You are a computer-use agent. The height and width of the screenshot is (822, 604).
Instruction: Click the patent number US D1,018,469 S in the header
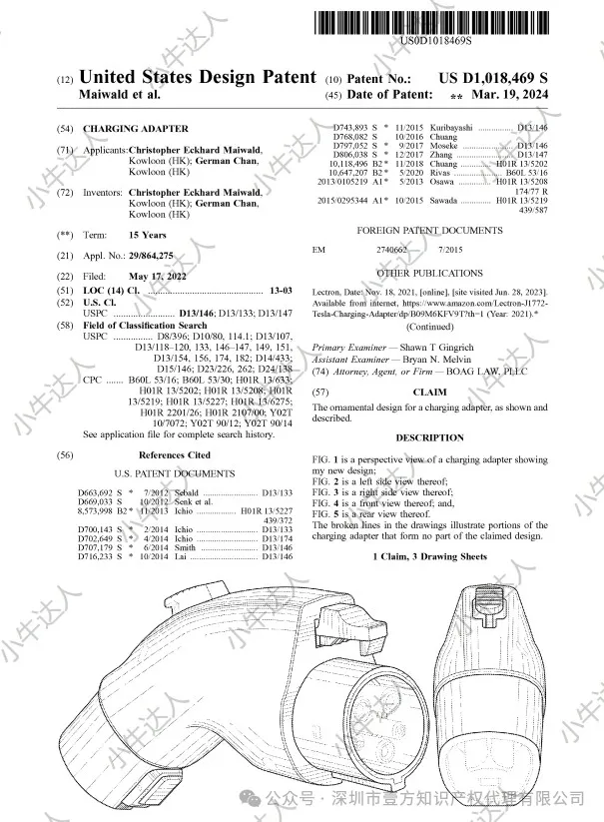[493, 77]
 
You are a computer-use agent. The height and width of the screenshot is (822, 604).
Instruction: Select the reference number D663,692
[97, 493]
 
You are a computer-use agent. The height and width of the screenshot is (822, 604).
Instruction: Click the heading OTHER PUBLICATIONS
[429, 273]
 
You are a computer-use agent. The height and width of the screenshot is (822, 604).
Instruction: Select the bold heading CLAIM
[429, 393]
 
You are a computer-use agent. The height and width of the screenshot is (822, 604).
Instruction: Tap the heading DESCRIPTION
[429, 437]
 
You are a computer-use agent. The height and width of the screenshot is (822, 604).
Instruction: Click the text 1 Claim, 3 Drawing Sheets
[429, 555]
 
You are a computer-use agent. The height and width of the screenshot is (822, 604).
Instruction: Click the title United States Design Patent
[197, 77]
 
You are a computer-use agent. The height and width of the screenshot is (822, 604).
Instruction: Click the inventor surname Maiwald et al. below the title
[118, 94]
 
